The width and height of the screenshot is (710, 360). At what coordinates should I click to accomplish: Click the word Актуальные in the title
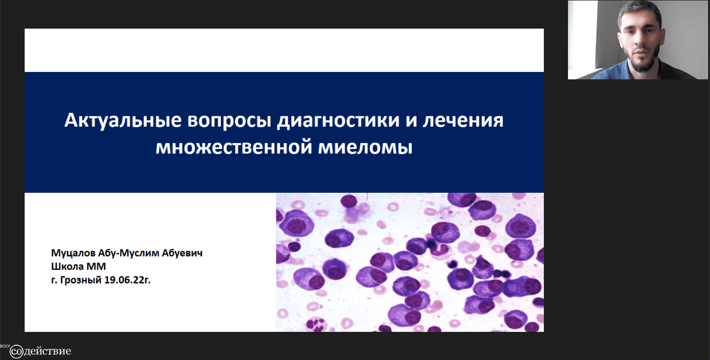(x=123, y=120)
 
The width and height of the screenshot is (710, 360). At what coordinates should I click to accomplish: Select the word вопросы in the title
(x=229, y=121)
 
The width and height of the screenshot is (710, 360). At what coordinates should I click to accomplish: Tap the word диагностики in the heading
(x=338, y=121)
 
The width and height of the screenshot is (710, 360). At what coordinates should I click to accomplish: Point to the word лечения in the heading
(x=463, y=121)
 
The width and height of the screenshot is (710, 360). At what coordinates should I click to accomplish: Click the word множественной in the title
(x=234, y=147)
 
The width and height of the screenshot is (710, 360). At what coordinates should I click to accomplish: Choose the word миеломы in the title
(x=365, y=147)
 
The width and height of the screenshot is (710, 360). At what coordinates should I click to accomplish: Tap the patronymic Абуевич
(x=182, y=252)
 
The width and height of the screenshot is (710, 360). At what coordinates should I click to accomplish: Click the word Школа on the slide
(x=67, y=266)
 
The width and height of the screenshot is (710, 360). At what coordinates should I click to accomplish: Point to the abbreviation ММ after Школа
(x=96, y=266)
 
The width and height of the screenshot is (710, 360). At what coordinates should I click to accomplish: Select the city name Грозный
(x=81, y=280)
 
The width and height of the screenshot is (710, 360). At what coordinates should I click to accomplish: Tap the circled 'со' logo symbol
(x=16, y=352)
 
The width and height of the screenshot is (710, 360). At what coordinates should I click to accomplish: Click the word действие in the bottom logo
(x=47, y=352)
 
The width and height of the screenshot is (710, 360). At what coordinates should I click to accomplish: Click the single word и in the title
(x=411, y=122)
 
